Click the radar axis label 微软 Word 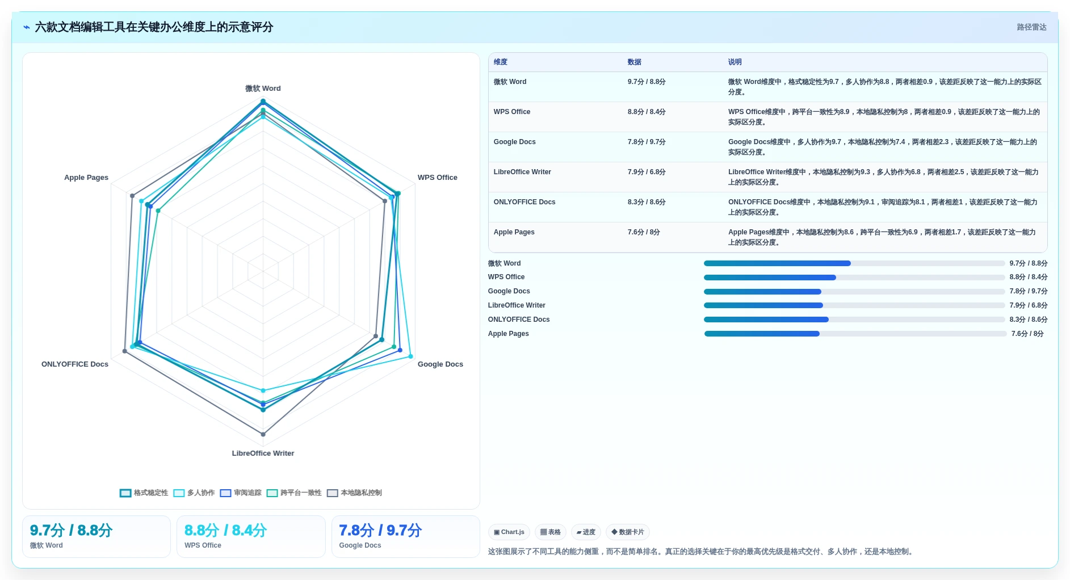(263, 89)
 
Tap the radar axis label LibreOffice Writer (263, 453)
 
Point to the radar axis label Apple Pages (86, 178)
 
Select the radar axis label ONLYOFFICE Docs (75, 364)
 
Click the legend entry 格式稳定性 (144, 493)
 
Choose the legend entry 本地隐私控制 (355, 493)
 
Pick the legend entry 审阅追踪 (241, 493)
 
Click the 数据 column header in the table (634, 62)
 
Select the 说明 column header (735, 62)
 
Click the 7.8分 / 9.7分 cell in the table (647, 142)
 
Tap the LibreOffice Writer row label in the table (522, 172)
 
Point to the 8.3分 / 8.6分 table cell (647, 202)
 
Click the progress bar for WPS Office (854, 278)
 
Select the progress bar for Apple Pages (855, 334)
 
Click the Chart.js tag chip (509, 532)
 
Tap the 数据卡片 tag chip (628, 532)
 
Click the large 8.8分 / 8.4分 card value (225, 531)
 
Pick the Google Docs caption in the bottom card (360, 545)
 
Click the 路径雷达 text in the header (1031, 27)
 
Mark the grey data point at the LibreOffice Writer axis (263, 435)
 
